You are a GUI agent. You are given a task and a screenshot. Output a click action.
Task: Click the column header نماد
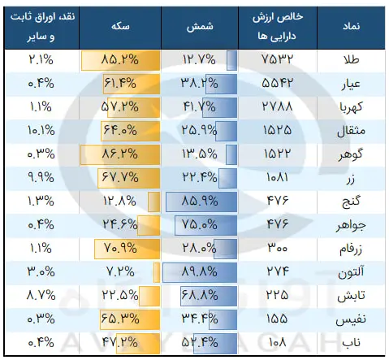click(351, 26)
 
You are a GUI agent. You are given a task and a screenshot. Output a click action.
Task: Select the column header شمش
click(200, 27)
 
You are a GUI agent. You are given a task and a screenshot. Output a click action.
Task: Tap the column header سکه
click(120, 26)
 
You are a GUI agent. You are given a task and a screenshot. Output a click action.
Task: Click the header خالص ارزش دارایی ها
click(278, 27)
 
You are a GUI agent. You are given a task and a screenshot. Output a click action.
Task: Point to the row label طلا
click(352, 59)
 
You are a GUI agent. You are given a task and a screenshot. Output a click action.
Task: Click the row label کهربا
click(351, 107)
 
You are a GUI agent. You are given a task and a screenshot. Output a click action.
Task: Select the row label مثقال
click(351, 131)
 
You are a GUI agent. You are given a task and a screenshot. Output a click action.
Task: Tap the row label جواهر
click(351, 225)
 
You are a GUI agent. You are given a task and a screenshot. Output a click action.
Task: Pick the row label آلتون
click(351, 271)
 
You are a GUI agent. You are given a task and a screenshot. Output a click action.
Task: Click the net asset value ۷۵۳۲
click(277, 59)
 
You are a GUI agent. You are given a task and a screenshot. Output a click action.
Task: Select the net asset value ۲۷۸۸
click(277, 106)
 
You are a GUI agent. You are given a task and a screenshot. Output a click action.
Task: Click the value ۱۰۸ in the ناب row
click(277, 342)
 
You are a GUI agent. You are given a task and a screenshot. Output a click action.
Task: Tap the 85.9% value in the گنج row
click(200, 201)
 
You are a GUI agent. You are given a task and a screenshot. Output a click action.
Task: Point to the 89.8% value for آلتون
click(200, 271)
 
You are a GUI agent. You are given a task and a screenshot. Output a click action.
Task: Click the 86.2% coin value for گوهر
click(120, 154)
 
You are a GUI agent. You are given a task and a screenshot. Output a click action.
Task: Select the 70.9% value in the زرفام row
click(120, 248)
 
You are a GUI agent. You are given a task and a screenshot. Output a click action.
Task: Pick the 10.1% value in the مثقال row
click(41, 131)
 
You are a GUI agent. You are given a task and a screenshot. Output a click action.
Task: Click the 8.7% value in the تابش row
click(41, 295)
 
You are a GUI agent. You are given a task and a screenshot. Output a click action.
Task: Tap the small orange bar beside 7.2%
click(157, 272)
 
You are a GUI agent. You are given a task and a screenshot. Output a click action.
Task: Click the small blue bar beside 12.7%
click(231, 60)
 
